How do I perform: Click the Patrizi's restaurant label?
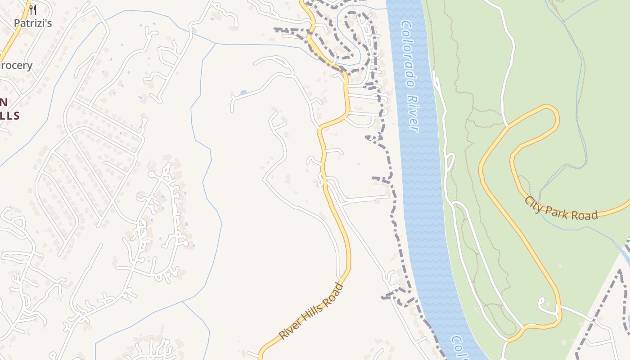32,23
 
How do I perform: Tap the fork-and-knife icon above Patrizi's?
32,9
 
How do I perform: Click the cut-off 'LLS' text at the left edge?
9,116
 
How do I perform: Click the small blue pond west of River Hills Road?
243,93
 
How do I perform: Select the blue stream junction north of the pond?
216,44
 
